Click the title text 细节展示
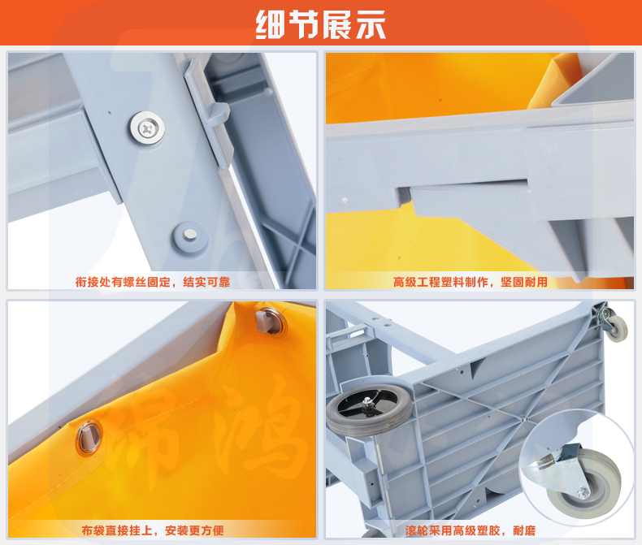[x=320, y=24]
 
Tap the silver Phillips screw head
[x=147, y=128]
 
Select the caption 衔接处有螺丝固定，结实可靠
[x=153, y=282]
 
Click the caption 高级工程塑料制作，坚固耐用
[x=470, y=282]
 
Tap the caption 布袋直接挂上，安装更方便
[x=153, y=530]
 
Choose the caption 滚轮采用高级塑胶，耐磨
[x=471, y=530]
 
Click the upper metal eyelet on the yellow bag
[x=271, y=322]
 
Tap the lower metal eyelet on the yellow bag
[x=89, y=438]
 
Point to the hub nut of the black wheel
[x=367, y=403]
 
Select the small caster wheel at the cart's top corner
[x=616, y=328]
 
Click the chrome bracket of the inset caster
[x=553, y=470]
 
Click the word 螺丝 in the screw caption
[x=135, y=282]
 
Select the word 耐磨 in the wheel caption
[x=524, y=530]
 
